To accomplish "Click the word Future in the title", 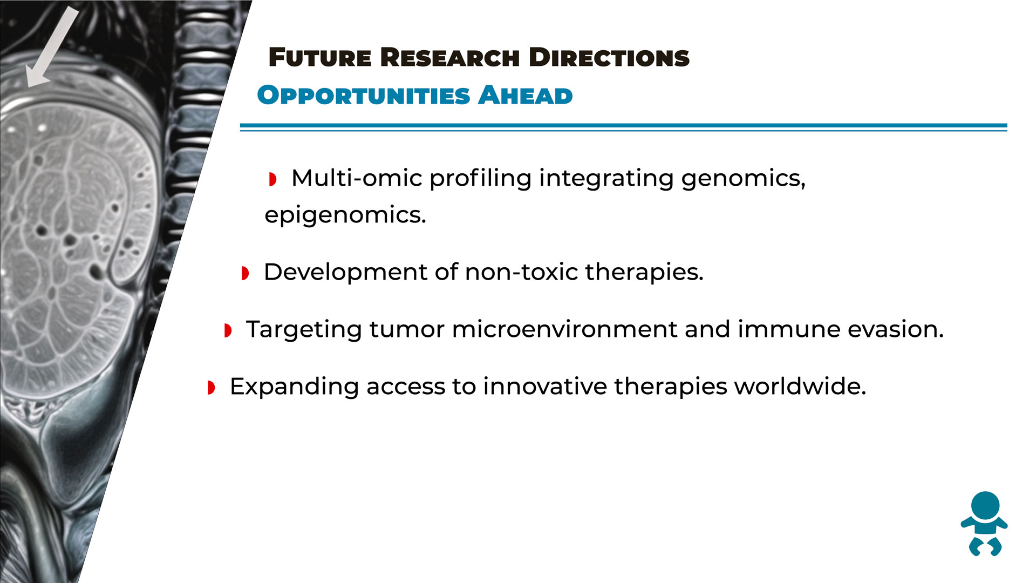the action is click(x=320, y=58).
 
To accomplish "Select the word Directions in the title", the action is click(x=609, y=58).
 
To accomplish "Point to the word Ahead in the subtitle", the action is click(x=525, y=96).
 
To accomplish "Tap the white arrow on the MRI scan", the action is click(x=53, y=48).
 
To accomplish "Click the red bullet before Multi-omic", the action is click(x=273, y=179).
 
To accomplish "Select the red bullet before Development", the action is click(x=245, y=273).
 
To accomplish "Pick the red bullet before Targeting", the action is click(x=228, y=330).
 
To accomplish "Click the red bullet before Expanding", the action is click(x=211, y=388).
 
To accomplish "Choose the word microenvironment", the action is click(x=564, y=329).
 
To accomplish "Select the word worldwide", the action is click(x=800, y=387).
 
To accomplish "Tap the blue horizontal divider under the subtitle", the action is click(x=623, y=127).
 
